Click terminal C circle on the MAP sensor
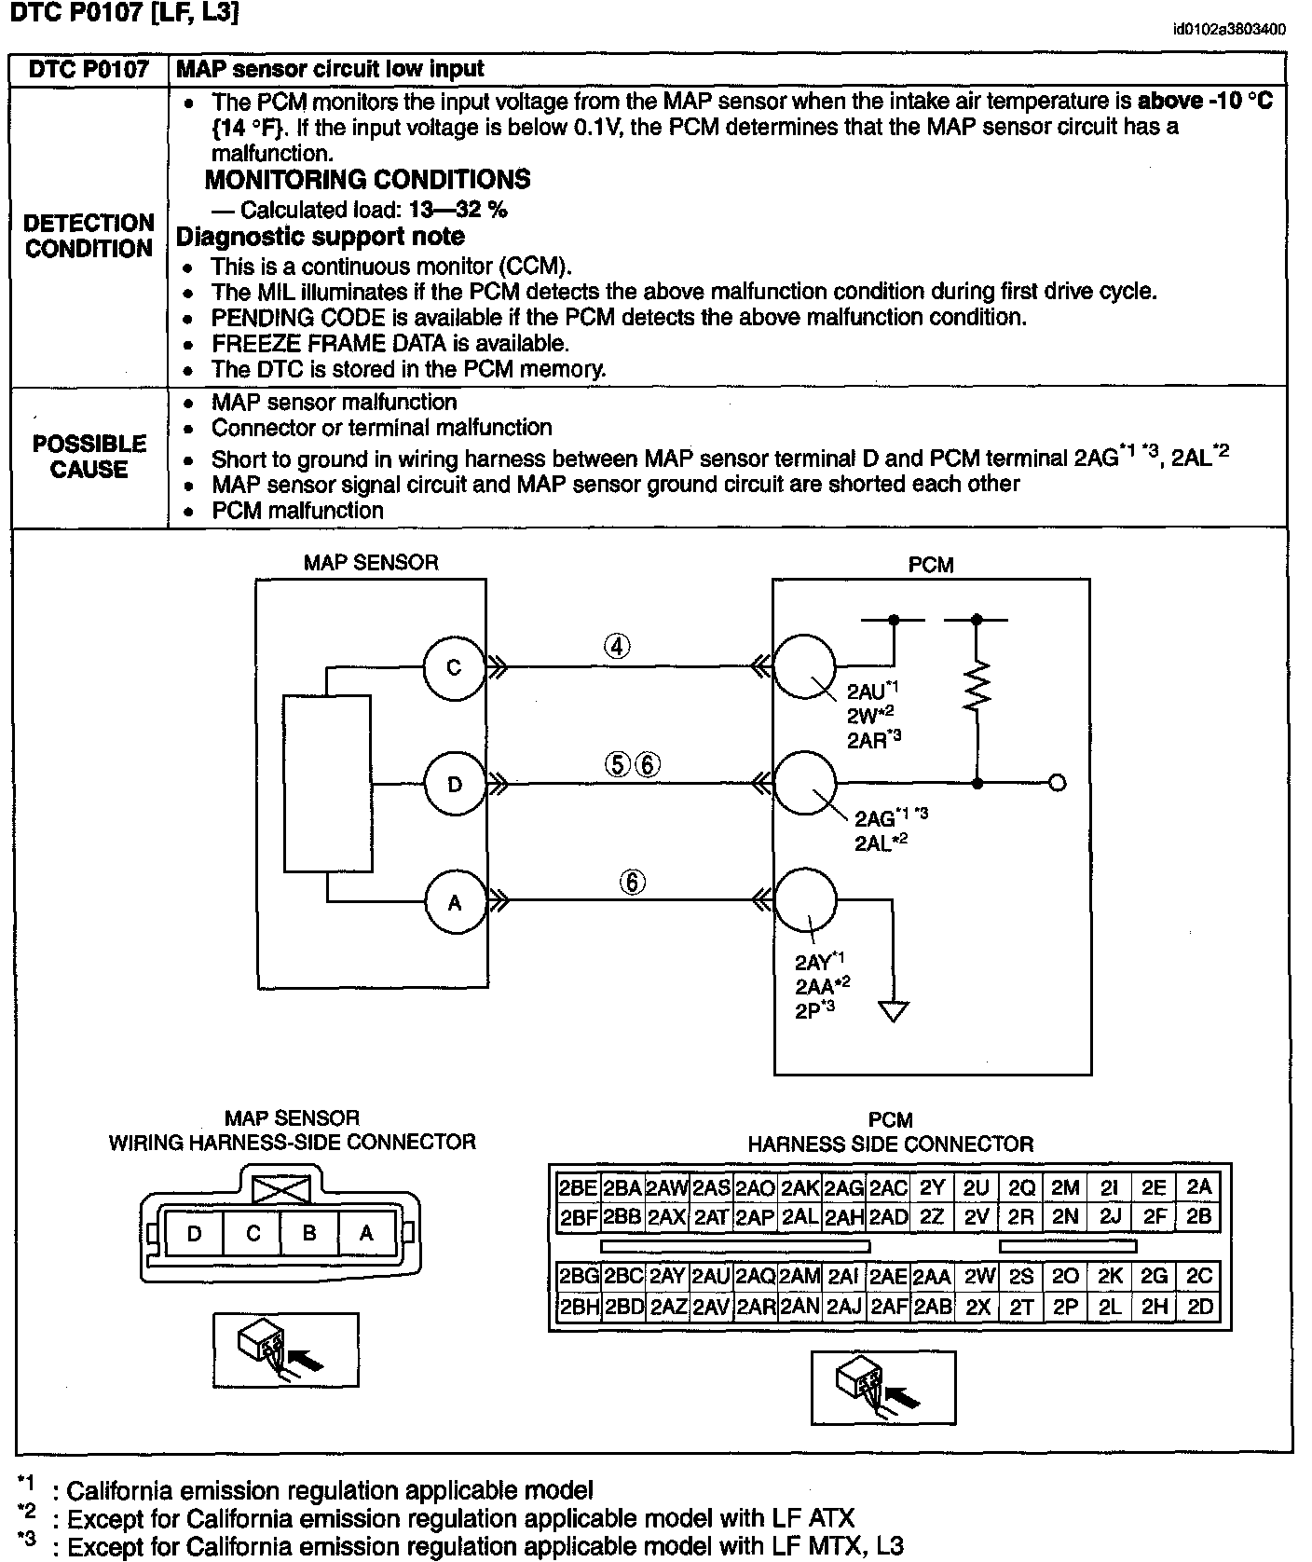coord(454,667)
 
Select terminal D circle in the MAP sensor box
coord(454,784)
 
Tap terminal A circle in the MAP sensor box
coord(455,902)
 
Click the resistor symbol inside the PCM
coord(977,687)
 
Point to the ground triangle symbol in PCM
coord(893,1011)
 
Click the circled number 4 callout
coord(617,646)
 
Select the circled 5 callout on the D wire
coord(617,764)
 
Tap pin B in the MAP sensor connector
coord(309,1233)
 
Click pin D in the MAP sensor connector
coord(194,1234)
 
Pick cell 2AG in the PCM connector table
coord(844,1188)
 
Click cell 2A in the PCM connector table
coord(1199,1187)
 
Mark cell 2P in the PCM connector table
coord(1065,1308)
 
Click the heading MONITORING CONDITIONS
coord(367,179)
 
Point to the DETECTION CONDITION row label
coord(89,236)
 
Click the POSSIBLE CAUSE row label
coord(89,457)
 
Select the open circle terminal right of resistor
coord(1057,784)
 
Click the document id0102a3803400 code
coord(1229,29)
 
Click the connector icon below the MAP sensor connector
coord(285,1349)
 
